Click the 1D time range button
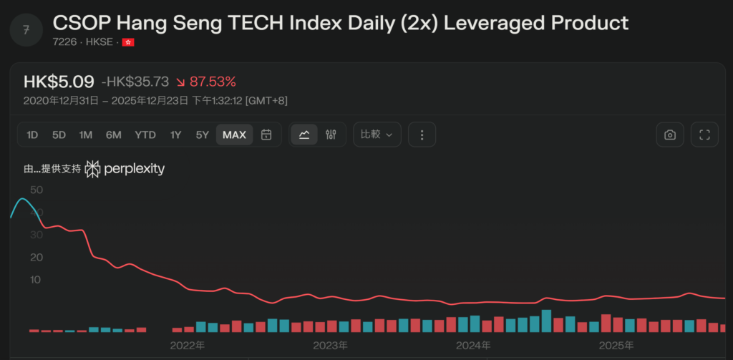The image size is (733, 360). [x=32, y=135]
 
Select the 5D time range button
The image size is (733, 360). [x=59, y=135]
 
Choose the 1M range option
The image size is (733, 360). [x=86, y=135]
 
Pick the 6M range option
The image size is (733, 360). [x=114, y=135]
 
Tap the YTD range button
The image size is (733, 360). [x=145, y=135]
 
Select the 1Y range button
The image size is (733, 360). [x=175, y=135]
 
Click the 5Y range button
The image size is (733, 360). [x=203, y=135]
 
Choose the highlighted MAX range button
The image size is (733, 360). [x=234, y=135]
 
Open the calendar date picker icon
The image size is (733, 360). [x=266, y=135]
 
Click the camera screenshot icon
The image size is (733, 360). [x=670, y=135]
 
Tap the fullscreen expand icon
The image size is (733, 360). [x=704, y=135]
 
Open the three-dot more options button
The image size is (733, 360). [x=422, y=135]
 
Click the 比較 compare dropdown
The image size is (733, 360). [x=377, y=135]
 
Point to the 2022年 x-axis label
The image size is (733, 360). [x=188, y=346]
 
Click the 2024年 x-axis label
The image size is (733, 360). [x=474, y=346]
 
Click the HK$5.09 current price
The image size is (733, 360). [x=59, y=82]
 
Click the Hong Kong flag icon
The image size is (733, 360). [x=128, y=42]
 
